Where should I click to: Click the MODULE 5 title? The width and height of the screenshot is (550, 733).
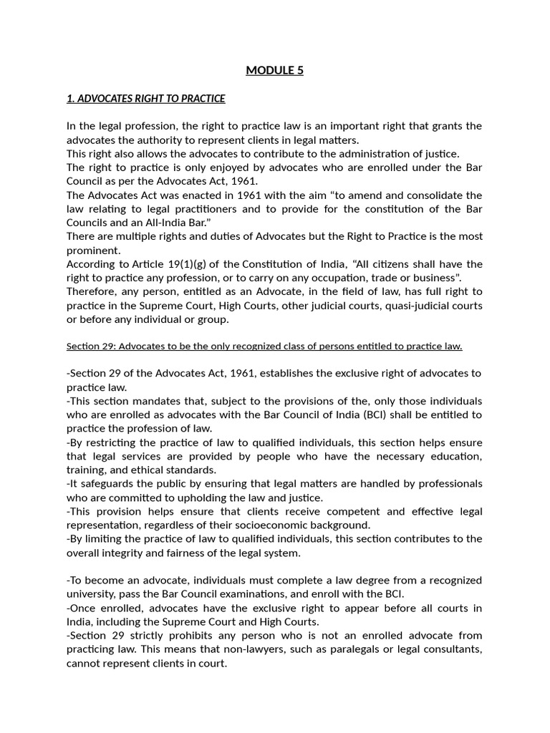(274, 70)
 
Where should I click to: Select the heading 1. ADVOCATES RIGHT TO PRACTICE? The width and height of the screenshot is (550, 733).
(145, 98)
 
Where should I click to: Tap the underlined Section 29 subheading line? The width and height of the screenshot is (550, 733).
(264, 346)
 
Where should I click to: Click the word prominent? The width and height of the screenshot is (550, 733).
(92, 250)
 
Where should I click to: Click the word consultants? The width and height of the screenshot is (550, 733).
(456, 649)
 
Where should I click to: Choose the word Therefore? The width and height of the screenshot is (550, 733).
(93, 291)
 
